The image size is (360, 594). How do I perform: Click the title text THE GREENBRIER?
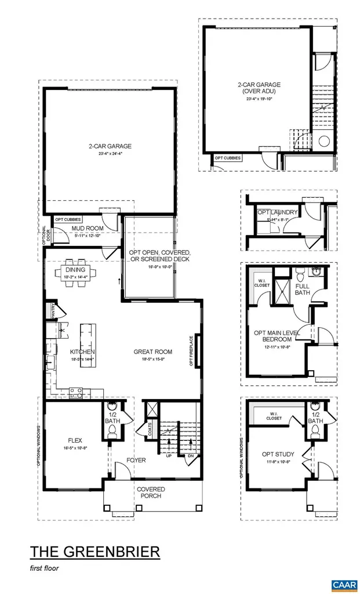point(94,551)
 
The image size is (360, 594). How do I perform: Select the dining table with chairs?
point(76,271)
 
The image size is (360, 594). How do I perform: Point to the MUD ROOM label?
point(88,229)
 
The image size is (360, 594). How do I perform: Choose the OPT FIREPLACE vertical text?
point(191,350)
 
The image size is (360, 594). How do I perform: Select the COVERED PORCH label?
point(151,492)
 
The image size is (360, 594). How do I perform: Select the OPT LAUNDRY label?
point(277,212)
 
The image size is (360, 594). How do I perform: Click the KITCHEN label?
point(82,352)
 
